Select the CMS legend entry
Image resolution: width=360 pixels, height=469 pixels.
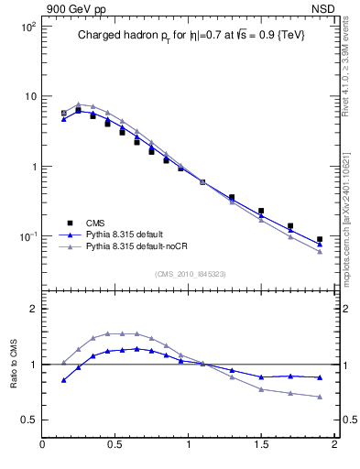[95, 223]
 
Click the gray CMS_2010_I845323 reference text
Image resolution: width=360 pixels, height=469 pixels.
[191, 272]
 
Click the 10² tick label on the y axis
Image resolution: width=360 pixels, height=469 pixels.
[27, 27]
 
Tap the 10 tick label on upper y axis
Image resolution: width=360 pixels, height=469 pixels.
[29, 96]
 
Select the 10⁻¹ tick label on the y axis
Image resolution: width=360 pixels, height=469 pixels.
[27, 236]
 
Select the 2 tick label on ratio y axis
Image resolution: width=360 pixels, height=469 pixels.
[32, 310]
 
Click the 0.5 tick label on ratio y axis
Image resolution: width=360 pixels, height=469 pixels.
[28, 420]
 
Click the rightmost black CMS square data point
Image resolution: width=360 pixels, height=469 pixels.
[320, 239]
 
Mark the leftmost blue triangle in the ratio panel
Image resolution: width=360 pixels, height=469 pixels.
[63, 379]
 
